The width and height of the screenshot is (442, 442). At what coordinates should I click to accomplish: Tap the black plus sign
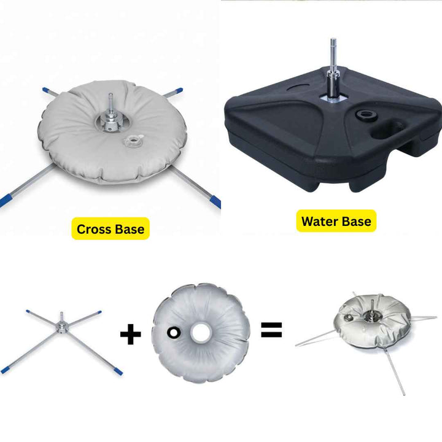[x=131, y=334]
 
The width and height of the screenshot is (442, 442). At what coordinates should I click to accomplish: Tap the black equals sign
[x=271, y=330]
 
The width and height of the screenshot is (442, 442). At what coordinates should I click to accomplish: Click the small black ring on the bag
[x=174, y=332]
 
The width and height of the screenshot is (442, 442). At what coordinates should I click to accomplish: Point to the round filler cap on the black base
[x=366, y=115]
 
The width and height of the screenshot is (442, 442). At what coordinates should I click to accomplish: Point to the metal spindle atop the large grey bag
[x=111, y=114]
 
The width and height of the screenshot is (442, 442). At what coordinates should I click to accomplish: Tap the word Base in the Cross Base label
[x=130, y=229]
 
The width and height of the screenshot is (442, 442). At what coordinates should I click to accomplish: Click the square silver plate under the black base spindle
[x=333, y=99]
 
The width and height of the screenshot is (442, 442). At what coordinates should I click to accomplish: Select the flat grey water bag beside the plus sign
[x=201, y=333]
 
